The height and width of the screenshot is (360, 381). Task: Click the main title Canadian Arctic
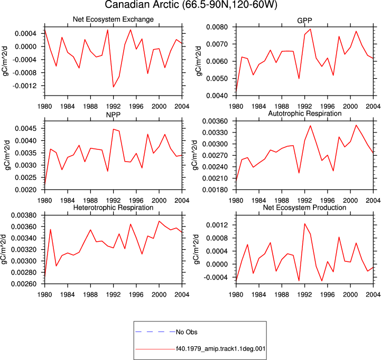pyautogui.click(x=143, y=5)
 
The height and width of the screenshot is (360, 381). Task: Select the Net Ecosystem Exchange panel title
pyautogui.click(x=113, y=19)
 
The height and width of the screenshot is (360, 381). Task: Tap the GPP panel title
pyautogui.click(x=304, y=21)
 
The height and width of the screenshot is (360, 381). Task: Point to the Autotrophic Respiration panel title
pyautogui.click(x=305, y=113)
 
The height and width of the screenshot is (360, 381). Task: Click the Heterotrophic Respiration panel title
pyautogui.click(x=113, y=207)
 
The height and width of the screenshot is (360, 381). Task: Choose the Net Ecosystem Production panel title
pyautogui.click(x=305, y=207)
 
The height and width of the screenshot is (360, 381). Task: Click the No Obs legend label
pyautogui.click(x=187, y=332)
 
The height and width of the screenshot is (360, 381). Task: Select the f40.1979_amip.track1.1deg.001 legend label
pyautogui.click(x=221, y=349)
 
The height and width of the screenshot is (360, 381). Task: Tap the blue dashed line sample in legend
pyautogui.click(x=155, y=332)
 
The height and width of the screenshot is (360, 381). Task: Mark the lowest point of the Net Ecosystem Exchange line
pyautogui.click(x=113, y=87)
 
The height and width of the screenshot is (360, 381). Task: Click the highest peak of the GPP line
pyautogui.click(x=310, y=29)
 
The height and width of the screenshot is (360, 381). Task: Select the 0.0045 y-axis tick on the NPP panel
pyautogui.click(x=26, y=128)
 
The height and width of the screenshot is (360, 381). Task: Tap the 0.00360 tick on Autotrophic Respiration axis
pyautogui.click(x=216, y=121)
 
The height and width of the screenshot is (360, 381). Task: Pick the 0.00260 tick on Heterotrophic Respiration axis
pyautogui.click(x=24, y=284)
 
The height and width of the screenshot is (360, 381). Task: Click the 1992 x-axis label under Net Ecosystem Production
pyautogui.click(x=304, y=295)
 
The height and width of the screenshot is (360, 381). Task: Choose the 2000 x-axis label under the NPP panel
pyautogui.click(x=159, y=201)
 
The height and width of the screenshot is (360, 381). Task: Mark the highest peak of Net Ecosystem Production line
pyautogui.click(x=305, y=224)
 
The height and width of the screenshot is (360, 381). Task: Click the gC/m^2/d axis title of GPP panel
pyautogui.click(x=199, y=61)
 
